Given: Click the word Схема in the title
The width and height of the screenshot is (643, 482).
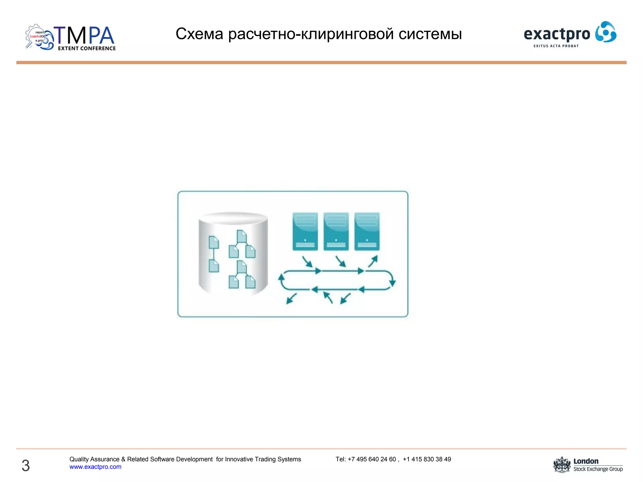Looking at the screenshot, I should coord(199,34).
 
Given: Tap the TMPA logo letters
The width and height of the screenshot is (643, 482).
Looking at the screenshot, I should coord(84,35).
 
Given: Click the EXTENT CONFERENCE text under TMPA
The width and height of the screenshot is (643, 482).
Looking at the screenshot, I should coord(87,48).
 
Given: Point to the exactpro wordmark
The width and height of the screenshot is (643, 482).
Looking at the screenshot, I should coord(557,34).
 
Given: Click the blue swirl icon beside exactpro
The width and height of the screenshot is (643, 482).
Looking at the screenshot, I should coord(606,32).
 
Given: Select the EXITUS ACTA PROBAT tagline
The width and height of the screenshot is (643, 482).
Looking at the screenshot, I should coord(556,46).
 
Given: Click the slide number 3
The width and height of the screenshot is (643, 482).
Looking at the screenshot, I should coord(26,465).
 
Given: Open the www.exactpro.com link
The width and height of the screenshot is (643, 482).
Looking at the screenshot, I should coord(95,467).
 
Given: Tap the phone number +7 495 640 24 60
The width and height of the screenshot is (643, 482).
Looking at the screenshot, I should coord(372,459).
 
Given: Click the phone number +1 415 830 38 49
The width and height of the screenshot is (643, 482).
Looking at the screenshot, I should coord(427,459).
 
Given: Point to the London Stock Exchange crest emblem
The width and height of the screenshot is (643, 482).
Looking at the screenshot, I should coord(562,465).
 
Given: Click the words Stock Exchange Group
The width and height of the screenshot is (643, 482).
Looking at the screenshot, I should coord(598,469).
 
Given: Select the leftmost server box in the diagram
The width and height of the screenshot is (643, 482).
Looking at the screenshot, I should coord(305,231).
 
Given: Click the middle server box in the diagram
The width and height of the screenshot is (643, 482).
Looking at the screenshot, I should coord(336,231).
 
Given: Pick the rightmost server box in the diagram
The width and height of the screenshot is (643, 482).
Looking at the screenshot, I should coord(367,231).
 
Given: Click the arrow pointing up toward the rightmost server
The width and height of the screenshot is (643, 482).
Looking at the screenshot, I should coord(373,261).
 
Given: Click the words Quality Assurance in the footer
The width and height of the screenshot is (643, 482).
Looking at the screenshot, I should coord(94,459).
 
